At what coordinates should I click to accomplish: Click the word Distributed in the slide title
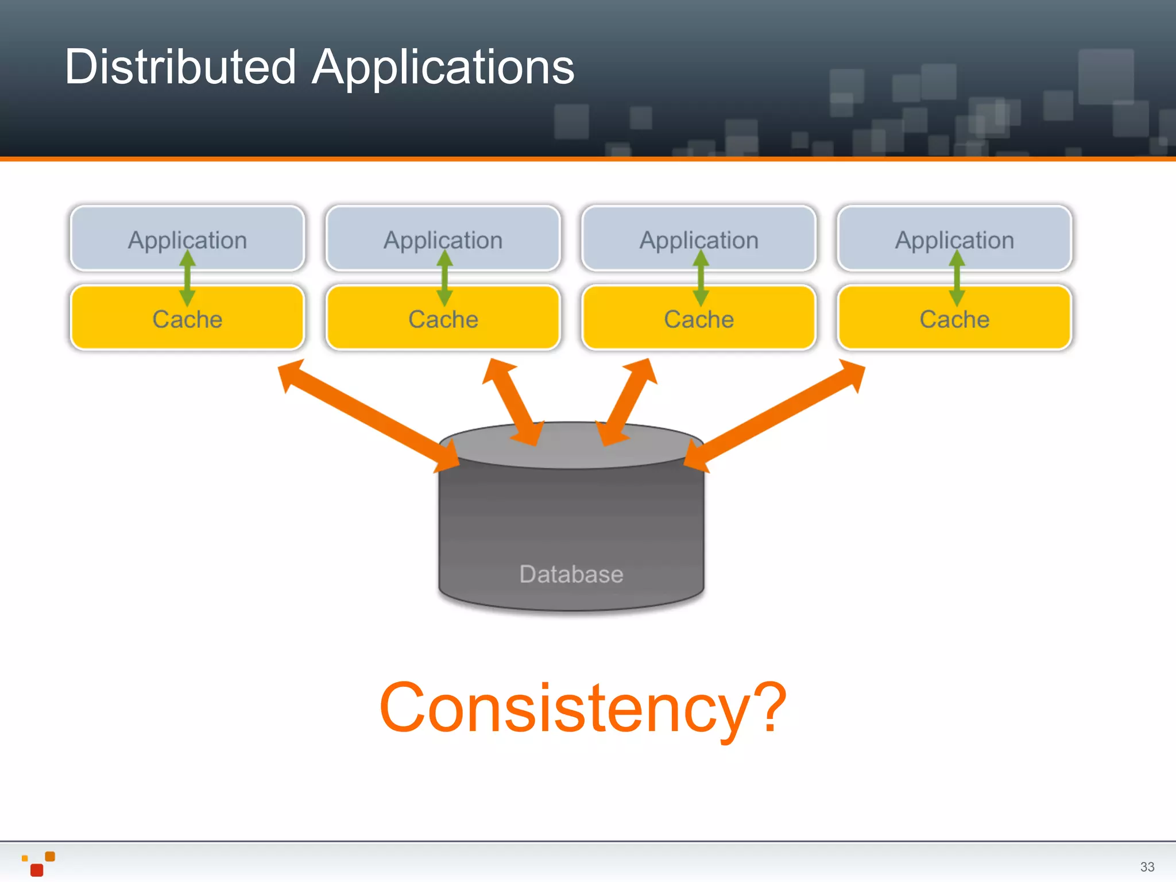(180, 67)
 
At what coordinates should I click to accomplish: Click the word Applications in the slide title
(443, 68)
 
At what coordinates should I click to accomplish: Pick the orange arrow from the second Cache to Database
(512, 402)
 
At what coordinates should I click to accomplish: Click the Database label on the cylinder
(571, 574)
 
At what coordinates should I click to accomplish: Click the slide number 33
(1147, 866)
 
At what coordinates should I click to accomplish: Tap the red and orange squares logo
(38, 864)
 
